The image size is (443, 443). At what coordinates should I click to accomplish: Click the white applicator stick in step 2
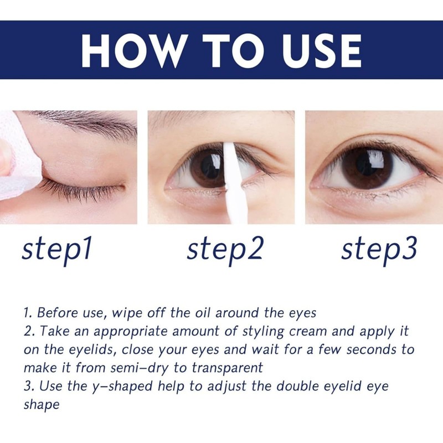pos(232,184)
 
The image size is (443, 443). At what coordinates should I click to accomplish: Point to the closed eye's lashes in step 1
pos(82,190)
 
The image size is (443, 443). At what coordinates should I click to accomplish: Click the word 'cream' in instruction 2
pos(308,332)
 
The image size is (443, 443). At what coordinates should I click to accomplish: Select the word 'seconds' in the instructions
pos(371,350)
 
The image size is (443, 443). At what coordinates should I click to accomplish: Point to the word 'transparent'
pos(228,368)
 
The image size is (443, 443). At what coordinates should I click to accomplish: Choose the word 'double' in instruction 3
pos(297,386)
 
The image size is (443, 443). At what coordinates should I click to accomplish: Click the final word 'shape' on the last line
pos(42,405)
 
